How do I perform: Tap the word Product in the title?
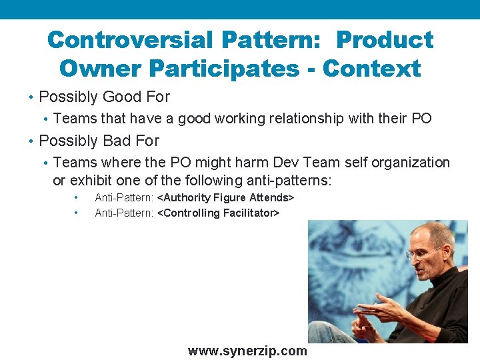(385, 40)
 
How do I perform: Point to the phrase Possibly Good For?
(105, 97)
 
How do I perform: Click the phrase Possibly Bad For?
(99, 141)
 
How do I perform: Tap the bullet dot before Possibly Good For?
(32, 97)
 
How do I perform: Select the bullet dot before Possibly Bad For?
(32, 141)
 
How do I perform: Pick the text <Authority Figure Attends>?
(225, 198)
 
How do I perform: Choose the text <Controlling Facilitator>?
(218, 213)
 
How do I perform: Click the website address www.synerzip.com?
(247, 351)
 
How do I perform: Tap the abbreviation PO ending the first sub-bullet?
(421, 119)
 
